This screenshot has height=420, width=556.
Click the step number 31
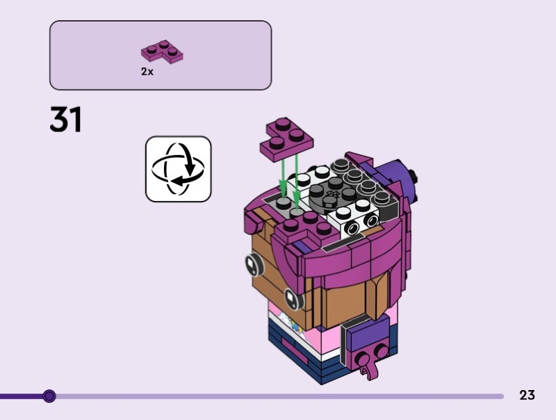(x=66, y=119)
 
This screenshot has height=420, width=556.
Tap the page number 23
(x=527, y=395)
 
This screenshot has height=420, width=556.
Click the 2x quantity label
(x=147, y=72)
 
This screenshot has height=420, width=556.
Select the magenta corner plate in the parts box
(x=162, y=51)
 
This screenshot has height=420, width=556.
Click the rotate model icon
(x=179, y=169)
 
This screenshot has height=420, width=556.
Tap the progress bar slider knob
(x=49, y=396)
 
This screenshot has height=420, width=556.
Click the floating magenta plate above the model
(x=286, y=140)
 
